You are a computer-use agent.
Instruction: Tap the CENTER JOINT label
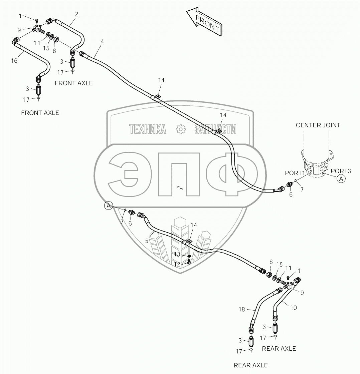[x=318, y=125]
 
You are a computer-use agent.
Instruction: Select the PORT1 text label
[x=295, y=173]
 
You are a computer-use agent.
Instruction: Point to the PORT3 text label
[x=341, y=171]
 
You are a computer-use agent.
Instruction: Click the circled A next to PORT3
[x=341, y=179]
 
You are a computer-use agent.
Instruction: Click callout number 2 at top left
[x=76, y=14]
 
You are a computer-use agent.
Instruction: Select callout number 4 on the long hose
[x=102, y=41]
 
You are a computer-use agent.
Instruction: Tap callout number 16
[x=14, y=60]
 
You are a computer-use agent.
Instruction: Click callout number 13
[x=177, y=255]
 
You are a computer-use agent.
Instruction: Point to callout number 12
[x=177, y=264]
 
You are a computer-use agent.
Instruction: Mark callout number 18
[x=242, y=310]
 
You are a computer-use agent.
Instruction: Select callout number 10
[x=293, y=308]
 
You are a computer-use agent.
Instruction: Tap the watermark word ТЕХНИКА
[x=148, y=129]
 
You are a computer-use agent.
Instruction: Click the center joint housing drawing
[x=316, y=165]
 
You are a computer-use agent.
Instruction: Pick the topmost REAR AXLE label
[x=279, y=348]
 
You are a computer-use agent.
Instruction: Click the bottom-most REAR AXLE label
[x=250, y=365]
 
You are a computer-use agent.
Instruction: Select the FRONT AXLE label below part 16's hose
[x=40, y=113]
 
